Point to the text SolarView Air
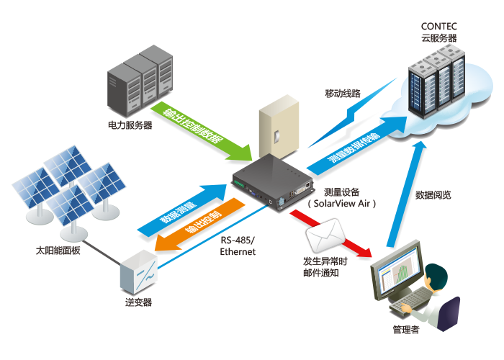[x=342, y=204]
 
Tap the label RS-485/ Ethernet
[x=238, y=247]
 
